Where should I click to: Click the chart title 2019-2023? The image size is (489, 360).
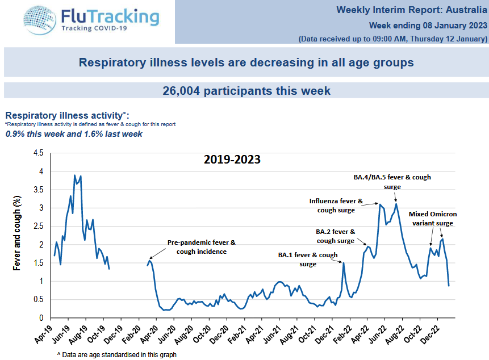coord(232,160)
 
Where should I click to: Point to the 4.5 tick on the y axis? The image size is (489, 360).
coord(39,153)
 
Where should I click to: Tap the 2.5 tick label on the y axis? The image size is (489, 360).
coord(39,227)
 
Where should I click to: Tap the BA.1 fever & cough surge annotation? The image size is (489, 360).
coord(308,259)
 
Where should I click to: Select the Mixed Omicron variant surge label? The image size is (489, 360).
coord(432,219)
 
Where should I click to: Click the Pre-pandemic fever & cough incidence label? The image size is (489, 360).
coord(201,247)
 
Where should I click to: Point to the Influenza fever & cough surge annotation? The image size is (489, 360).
coord(339,206)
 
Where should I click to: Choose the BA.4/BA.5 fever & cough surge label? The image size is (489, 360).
coord(392,182)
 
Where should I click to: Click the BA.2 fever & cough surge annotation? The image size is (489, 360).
coord(335,236)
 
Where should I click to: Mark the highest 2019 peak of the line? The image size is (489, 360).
coord(74,175)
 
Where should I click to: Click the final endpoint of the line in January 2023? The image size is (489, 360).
coord(449,285)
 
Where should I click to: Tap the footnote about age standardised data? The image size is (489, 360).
coord(116,354)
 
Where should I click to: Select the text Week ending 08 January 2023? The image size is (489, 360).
coord(428,26)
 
